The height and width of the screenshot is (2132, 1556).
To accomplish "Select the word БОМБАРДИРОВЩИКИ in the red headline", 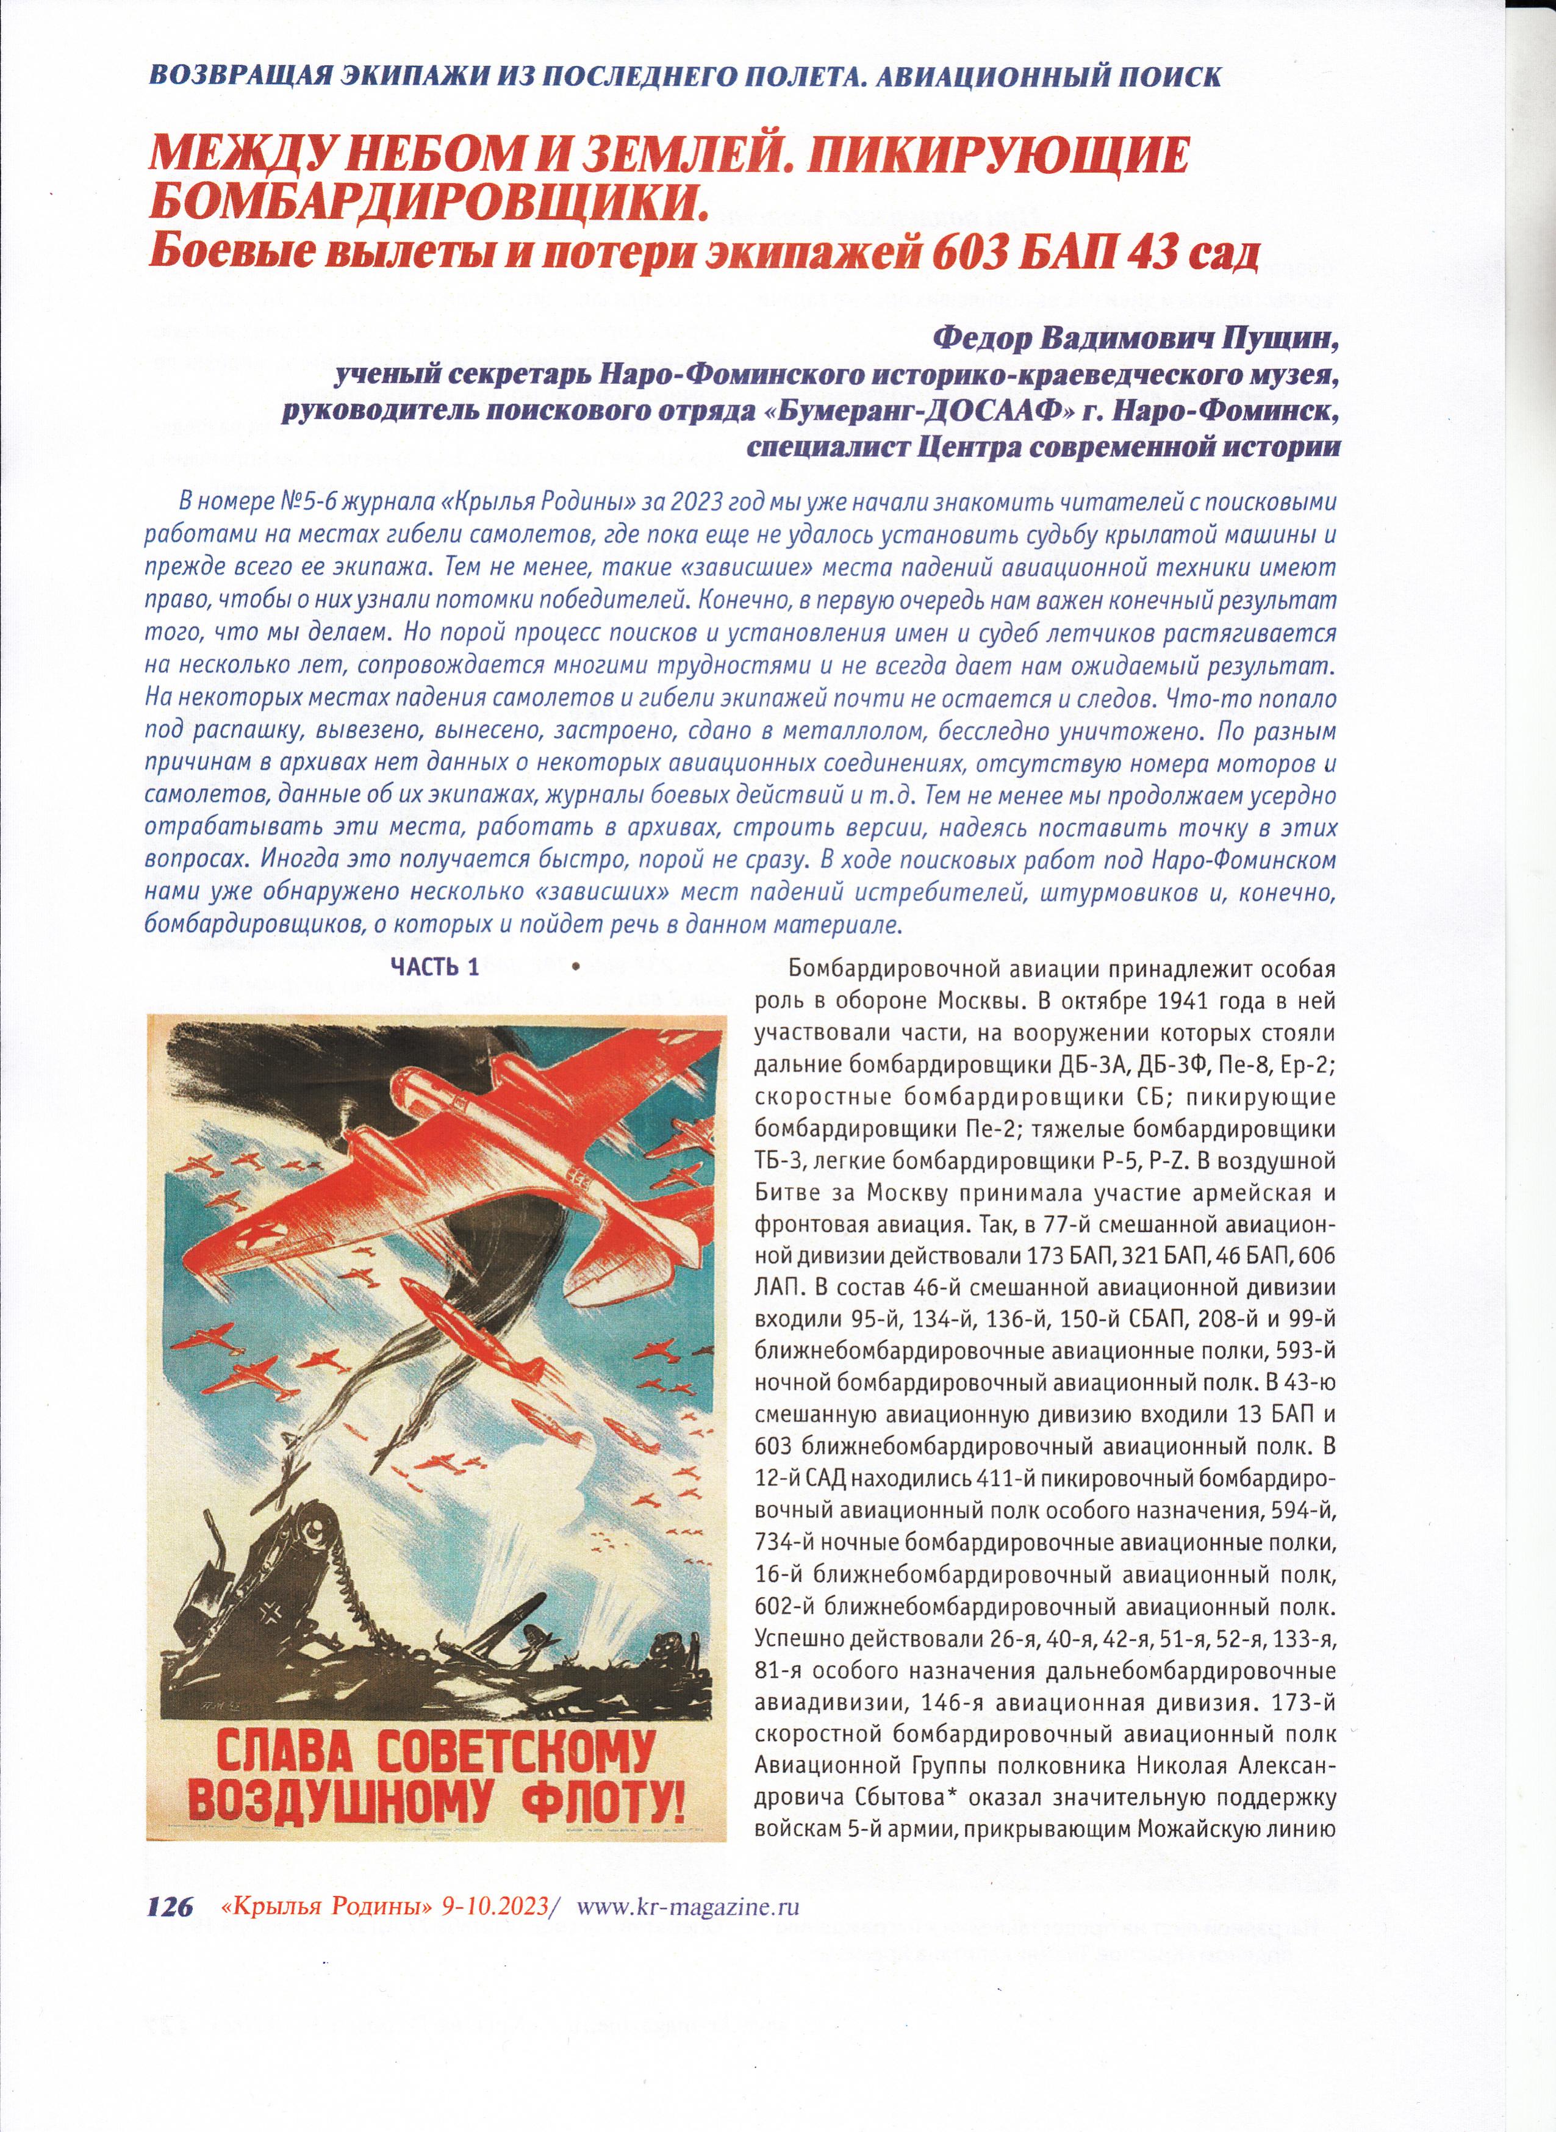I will [429, 199].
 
